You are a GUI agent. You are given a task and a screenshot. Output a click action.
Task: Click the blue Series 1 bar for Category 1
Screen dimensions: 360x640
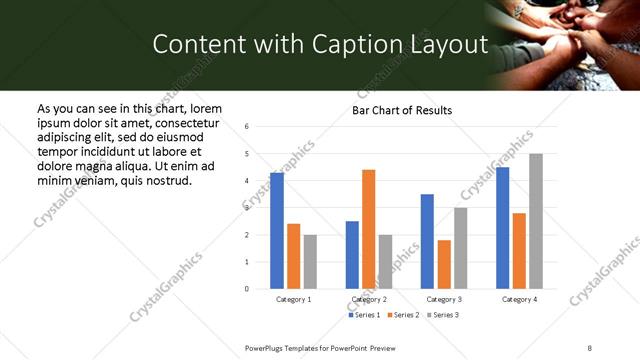tap(277, 231)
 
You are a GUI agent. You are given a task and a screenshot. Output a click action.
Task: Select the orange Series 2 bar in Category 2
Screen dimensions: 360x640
tap(368, 229)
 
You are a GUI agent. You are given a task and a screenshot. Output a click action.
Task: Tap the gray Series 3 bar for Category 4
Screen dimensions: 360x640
tap(536, 221)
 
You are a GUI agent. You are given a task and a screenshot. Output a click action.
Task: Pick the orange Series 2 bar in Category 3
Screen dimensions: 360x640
tap(444, 264)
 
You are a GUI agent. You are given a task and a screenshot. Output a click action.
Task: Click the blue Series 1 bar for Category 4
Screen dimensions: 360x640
tap(502, 228)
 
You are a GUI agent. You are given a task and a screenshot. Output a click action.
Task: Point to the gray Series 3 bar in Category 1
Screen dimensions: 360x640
tap(310, 262)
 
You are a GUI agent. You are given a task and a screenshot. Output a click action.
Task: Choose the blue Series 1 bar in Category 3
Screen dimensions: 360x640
tap(427, 241)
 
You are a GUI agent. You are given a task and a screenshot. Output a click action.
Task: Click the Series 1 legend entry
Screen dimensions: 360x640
tap(362, 315)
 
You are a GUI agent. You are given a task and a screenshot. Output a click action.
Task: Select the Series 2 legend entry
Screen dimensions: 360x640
tap(402, 315)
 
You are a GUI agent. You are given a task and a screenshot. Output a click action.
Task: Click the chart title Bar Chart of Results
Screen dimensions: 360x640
tap(402, 110)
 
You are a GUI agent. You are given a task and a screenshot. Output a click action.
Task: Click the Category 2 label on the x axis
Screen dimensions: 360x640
tap(369, 299)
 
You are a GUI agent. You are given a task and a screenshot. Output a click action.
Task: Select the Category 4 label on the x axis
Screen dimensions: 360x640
tap(519, 299)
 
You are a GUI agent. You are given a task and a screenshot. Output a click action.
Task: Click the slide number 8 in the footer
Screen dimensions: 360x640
tap(590, 346)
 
